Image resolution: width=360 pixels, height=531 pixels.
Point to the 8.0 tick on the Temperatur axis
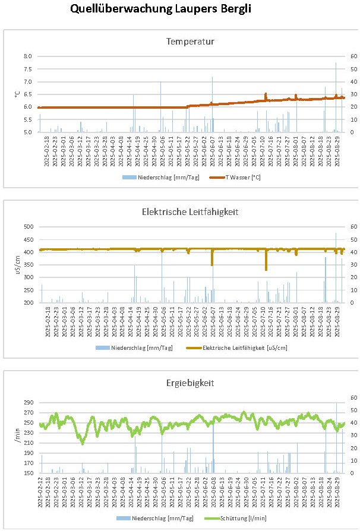27,56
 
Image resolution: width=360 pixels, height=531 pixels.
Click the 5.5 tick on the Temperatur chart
27,119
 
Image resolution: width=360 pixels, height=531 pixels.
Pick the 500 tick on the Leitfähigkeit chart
27,227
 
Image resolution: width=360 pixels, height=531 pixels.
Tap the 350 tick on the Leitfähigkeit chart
27,265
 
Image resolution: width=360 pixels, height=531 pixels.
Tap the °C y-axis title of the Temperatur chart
18,94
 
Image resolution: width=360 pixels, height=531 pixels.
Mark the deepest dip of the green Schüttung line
82,443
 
